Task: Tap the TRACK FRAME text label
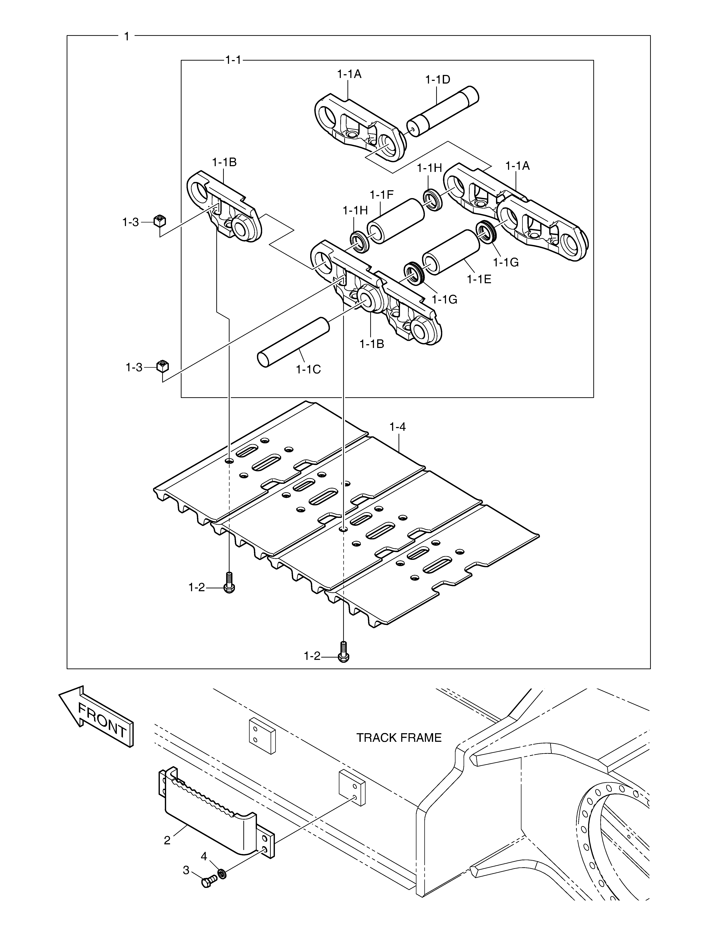click(399, 737)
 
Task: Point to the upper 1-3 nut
click(159, 221)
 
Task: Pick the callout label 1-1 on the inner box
click(233, 60)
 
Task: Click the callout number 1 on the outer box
click(126, 36)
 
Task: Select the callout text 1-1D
click(438, 79)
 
